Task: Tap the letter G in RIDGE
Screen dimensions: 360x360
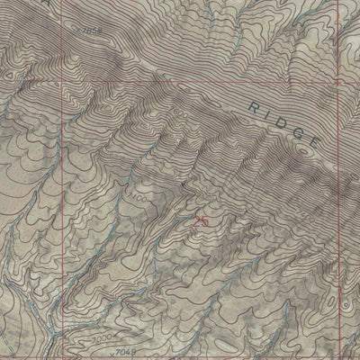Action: [x=296, y=131]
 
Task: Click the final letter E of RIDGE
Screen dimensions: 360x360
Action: [x=313, y=141]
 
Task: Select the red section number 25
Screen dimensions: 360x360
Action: [x=201, y=219]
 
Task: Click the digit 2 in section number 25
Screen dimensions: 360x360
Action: [x=196, y=219]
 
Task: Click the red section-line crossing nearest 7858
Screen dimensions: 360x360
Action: [x=63, y=77]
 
